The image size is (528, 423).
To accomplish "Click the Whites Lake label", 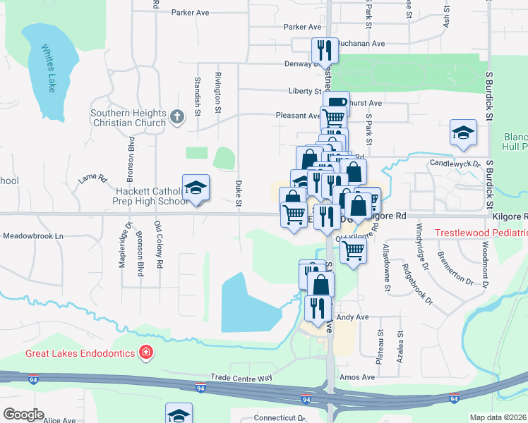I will (48, 69).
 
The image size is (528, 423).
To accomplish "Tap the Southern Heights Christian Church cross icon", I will (177, 118).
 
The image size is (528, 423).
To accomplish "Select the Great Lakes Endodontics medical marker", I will (146, 352).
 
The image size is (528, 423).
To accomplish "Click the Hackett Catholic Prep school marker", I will (196, 188).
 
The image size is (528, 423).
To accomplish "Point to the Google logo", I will (24, 415).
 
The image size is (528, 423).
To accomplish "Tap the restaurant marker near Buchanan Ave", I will (323, 49).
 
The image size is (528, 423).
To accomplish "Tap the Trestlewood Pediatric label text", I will (481, 233).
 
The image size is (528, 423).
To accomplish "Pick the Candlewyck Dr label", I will (455, 164).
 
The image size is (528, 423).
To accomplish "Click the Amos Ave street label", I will (357, 377).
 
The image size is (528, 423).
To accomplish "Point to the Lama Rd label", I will (92, 178).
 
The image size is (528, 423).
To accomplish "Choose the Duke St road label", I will (239, 193).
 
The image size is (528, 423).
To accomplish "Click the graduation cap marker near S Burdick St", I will (463, 133).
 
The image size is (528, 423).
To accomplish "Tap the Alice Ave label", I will (59, 420).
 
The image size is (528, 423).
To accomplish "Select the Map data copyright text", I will (498, 417).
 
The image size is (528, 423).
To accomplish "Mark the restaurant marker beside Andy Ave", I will (318, 307).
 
